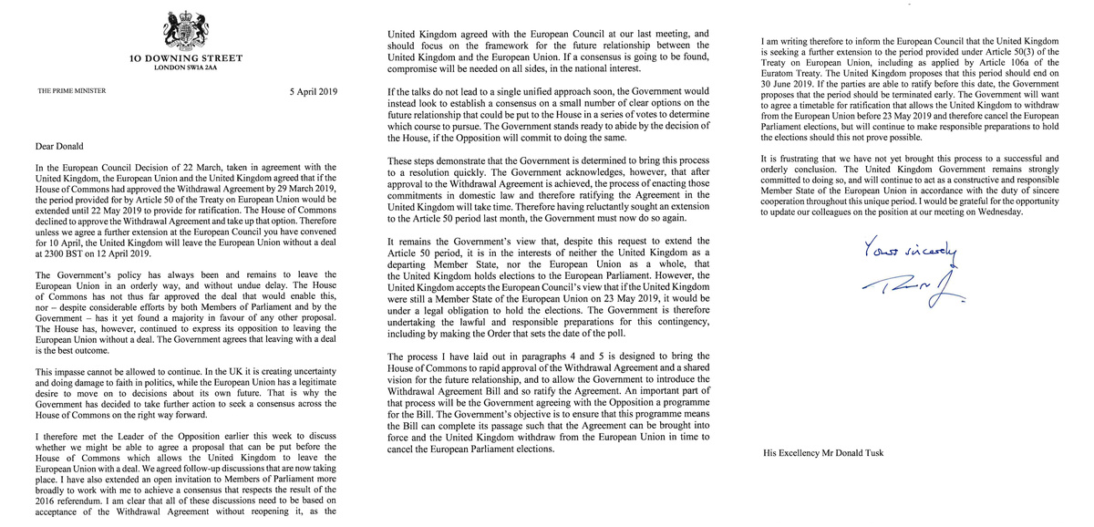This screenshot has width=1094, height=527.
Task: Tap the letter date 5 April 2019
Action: pos(312,92)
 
